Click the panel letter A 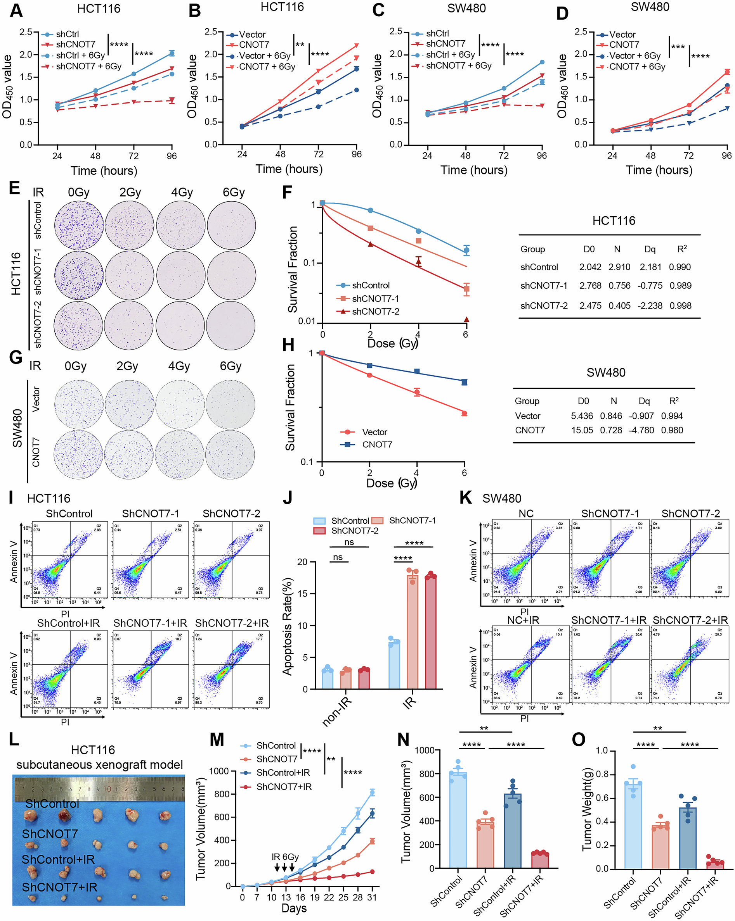16,10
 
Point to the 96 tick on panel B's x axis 357,154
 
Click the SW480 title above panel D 650,7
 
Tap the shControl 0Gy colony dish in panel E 79,225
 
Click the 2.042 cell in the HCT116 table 589,267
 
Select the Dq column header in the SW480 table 643,401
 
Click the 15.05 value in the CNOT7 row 582,430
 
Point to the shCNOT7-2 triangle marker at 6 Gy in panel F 466,319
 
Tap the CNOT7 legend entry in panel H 376,444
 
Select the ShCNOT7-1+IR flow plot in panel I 151,669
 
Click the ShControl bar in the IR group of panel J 394,665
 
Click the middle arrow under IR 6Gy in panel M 284,867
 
